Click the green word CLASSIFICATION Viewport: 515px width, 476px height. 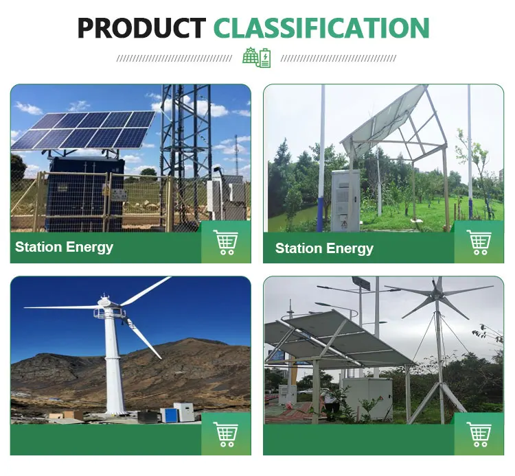coord(321,28)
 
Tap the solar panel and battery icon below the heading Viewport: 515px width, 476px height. coord(257,57)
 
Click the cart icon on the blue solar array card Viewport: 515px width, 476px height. coord(226,242)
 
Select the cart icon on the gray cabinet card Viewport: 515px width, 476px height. coord(479,242)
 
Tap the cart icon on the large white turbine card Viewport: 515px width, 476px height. coord(226,434)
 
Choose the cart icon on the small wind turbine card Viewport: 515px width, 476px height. coord(479,434)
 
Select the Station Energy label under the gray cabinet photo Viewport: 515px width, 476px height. coord(324,248)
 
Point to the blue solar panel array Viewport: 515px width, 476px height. coord(84,129)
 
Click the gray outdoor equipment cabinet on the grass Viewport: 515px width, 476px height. coord(345,200)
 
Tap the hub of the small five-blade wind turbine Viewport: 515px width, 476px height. coord(437,293)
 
